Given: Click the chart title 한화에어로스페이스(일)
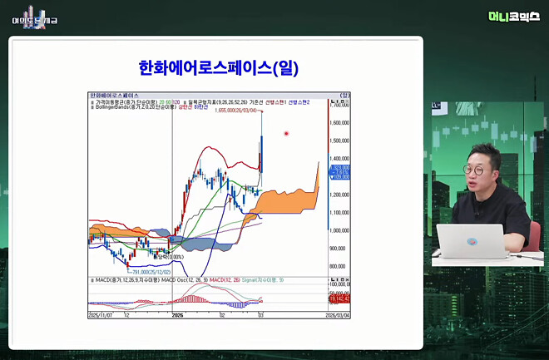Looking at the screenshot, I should point(218,67).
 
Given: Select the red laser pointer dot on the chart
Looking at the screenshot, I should point(286,133).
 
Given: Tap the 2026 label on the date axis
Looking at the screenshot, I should point(176,316).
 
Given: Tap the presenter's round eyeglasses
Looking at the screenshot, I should point(475,169).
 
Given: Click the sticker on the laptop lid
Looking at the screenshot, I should point(472,242).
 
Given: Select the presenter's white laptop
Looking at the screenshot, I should point(471,244).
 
